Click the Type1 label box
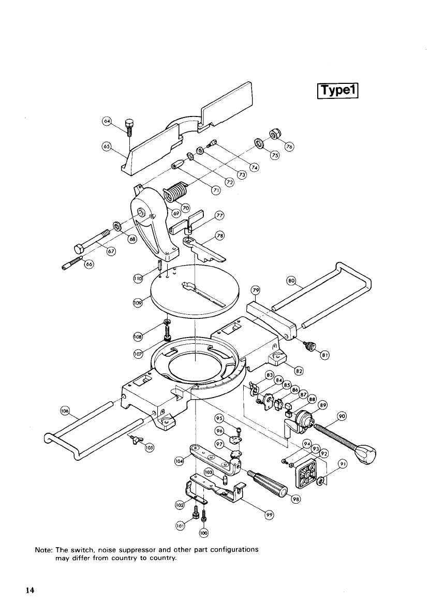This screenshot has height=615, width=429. [337, 91]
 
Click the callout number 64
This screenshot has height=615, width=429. [106, 121]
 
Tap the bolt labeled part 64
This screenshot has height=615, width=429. [130, 127]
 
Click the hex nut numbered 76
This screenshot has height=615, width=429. [274, 134]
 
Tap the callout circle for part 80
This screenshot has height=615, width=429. [291, 281]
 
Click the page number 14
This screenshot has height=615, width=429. [31, 590]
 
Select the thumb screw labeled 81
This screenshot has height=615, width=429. [309, 345]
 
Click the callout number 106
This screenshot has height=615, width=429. [65, 411]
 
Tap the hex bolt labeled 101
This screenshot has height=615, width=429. [195, 510]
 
